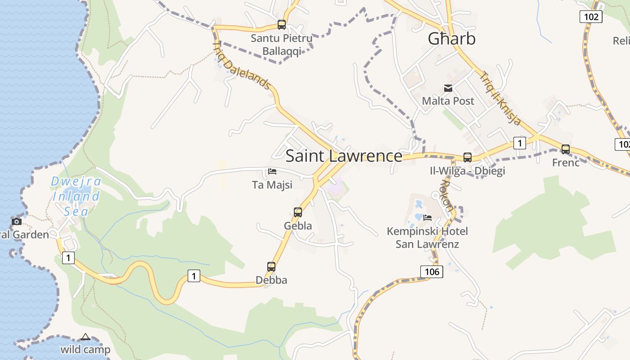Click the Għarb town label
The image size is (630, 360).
tap(451, 39)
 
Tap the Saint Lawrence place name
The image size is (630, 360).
tap(344, 156)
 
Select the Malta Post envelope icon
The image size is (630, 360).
tap(448, 88)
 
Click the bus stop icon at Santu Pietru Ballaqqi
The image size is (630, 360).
tap(282, 25)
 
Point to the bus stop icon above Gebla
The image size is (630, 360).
tap(298, 212)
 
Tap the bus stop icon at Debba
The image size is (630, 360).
tap(271, 267)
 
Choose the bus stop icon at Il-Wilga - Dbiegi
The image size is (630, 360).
tap(468, 157)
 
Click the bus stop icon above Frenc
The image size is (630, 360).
tap(566, 149)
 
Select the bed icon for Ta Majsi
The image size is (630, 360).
tap(272, 171)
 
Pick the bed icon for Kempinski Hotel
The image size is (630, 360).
tap(427, 218)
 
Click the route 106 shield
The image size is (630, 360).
tap(432, 271)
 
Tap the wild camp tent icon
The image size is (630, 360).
tap(85, 337)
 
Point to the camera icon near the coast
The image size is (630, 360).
tap(17, 221)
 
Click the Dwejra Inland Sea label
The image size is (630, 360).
tap(76, 196)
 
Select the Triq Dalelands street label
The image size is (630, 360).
tap(242, 65)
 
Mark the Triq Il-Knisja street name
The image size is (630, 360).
tap(500, 99)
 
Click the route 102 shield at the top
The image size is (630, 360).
tap(590, 17)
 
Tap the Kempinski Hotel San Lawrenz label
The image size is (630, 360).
tap(427, 238)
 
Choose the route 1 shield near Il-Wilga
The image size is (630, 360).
tap(520, 144)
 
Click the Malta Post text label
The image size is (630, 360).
tap(448, 101)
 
